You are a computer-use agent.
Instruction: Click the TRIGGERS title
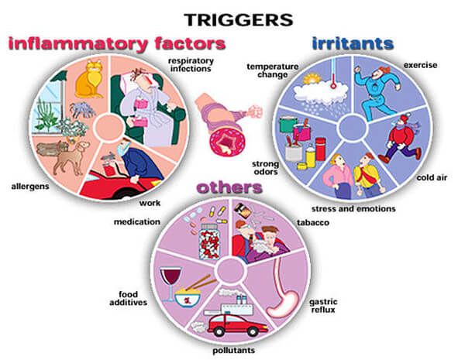pyautogui.click(x=239, y=20)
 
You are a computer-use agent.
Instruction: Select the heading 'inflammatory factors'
pyautogui.click(x=117, y=44)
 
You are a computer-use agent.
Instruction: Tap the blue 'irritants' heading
pyautogui.click(x=353, y=43)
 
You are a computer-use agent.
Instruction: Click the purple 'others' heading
pyautogui.click(x=230, y=188)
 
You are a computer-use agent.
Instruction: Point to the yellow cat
pyautogui.click(x=88, y=79)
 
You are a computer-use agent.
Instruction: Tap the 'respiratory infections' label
pyautogui.click(x=191, y=65)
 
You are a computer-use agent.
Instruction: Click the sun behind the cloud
pyautogui.click(x=311, y=79)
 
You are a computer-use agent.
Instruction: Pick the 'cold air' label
pyautogui.click(x=432, y=177)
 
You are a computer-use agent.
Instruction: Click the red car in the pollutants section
pyautogui.click(x=237, y=325)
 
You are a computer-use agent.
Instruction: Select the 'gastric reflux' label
pyautogui.click(x=323, y=306)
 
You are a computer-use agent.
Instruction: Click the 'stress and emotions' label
pyautogui.click(x=353, y=209)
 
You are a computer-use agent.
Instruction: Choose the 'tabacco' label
pyautogui.click(x=313, y=222)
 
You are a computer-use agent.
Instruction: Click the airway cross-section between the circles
pyautogui.click(x=228, y=140)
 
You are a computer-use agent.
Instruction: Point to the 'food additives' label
pyautogui.click(x=129, y=298)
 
